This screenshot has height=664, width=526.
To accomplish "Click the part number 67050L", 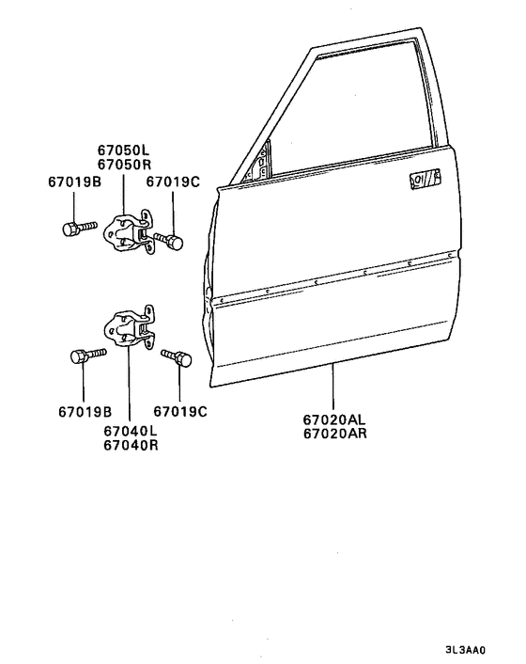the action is pyautogui.click(x=123, y=150).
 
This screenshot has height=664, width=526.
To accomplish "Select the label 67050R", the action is pyautogui.click(x=124, y=165).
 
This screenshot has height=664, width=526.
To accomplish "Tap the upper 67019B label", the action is pyautogui.click(x=74, y=182).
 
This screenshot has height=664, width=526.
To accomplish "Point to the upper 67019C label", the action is pyautogui.click(x=173, y=182).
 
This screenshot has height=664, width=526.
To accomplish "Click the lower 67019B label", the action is pyautogui.click(x=85, y=412).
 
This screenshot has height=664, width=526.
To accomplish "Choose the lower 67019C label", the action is pyautogui.click(x=180, y=412).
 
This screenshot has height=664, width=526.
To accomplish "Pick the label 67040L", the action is pyautogui.click(x=131, y=431).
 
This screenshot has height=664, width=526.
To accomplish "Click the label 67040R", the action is pyautogui.click(x=131, y=446).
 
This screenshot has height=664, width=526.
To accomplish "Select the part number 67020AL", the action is pyautogui.click(x=334, y=419).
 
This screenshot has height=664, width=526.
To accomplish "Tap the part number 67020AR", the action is pyautogui.click(x=335, y=435).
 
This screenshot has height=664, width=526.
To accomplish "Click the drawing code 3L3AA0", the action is pyautogui.click(x=465, y=650).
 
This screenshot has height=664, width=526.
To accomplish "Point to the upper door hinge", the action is pyautogui.click(x=130, y=232).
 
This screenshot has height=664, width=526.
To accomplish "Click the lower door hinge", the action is pyautogui.click(x=130, y=327).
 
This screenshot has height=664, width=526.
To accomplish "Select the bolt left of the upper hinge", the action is pyautogui.click(x=80, y=228).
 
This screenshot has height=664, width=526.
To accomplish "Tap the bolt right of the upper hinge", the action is pyautogui.click(x=169, y=241).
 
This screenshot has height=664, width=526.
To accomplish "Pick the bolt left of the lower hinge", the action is pyautogui.click(x=88, y=355).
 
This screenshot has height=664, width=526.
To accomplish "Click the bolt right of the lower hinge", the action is pyautogui.click(x=177, y=357).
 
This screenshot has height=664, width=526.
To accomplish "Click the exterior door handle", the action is pyautogui.click(x=425, y=178).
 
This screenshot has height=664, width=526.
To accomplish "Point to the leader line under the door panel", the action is pyautogui.click(x=333, y=387).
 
